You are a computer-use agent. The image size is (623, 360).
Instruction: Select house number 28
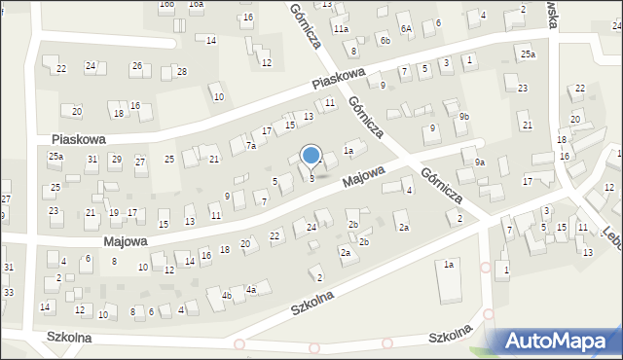181,72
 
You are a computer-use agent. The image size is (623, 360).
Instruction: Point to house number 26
137,66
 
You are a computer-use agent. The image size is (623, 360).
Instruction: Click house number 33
8,293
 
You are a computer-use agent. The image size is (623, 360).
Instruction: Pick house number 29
116,159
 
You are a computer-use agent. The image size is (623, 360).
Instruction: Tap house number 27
140,162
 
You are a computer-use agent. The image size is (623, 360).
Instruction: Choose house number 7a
250,146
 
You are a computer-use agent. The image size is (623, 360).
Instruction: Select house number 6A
406,29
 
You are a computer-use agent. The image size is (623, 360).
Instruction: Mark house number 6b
385,40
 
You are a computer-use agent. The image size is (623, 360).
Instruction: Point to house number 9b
464,117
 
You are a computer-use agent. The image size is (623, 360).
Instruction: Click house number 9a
480,162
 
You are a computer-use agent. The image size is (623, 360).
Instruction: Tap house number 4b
226,295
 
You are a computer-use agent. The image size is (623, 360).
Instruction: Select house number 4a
250,289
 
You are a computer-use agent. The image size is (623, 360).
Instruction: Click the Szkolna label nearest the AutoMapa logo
452,337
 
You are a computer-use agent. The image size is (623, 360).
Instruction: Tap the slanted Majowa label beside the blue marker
363,177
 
